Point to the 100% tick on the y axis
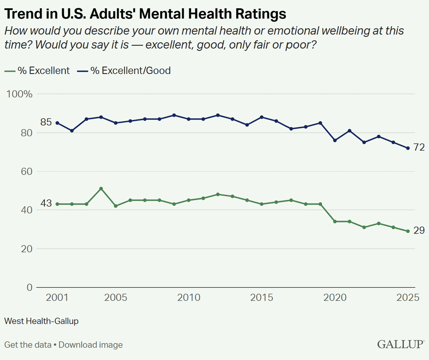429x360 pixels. point(20,94)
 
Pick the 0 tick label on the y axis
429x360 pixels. point(29,287)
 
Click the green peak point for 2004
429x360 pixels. point(101,189)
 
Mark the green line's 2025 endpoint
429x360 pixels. point(408,231)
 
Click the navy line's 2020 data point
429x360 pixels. point(335,140)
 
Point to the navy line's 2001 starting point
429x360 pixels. point(57,123)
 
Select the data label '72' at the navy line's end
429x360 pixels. point(419,147)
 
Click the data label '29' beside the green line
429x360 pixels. point(419,231)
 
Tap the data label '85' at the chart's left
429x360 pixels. point(46,122)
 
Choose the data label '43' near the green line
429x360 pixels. point(46,204)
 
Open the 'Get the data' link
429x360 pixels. point(28,345)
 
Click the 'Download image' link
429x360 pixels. point(90,345)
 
